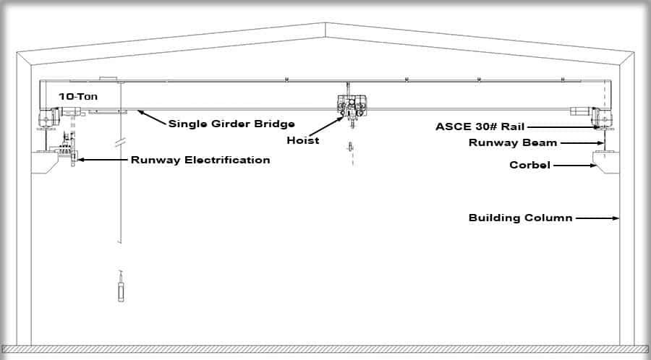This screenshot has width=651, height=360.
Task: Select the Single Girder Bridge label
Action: (x=231, y=124)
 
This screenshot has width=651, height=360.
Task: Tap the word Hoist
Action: (x=302, y=140)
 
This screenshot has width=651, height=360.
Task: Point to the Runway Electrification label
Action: (x=200, y=160)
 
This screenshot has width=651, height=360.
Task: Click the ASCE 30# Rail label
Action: (x=480, y=126)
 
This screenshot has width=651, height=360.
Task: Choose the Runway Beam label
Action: (x=512, y=143)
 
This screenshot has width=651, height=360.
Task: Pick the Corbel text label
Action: (x=529, y=166)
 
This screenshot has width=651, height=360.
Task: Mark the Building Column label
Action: (x=520, y=218)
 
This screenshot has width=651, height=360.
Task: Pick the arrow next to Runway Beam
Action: (x=582, y=143)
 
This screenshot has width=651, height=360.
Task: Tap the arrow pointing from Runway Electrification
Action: (x=103, y=158)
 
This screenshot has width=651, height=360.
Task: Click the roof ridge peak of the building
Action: (x=325, y=24)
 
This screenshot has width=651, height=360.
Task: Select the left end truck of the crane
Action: (x=49, y=118)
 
